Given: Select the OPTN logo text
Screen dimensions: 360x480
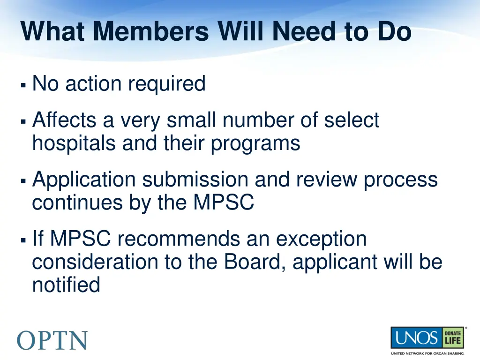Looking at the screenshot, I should (52, 340).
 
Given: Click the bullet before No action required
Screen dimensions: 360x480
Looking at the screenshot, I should (23, 86).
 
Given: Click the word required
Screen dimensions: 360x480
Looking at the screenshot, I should (167, 84).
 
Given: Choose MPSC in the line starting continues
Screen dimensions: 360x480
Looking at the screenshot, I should (224, 203).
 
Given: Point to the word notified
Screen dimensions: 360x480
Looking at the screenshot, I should (66, 285).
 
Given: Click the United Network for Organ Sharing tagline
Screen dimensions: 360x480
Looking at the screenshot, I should (427, 353).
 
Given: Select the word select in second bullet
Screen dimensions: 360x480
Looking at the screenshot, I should (351, 121).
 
